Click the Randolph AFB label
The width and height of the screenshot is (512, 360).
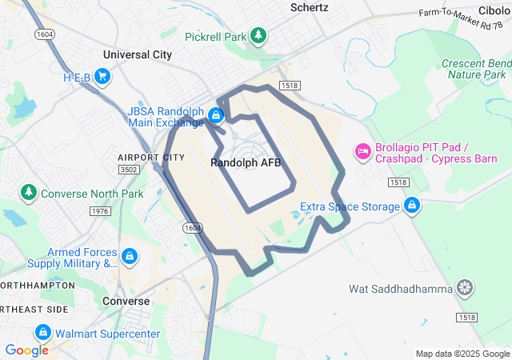point(246,162)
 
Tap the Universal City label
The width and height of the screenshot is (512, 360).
point(138,55)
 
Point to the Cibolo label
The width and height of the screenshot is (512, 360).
point(494,10)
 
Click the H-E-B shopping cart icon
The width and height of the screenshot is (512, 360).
point(102,77)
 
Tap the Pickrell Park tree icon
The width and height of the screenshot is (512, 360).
point(258,36)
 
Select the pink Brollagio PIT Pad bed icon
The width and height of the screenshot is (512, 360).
point(362,151)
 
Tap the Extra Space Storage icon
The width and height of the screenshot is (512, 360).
point(411,206)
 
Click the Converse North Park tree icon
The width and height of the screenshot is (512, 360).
point(29,193)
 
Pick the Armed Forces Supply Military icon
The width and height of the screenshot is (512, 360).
point(129,257)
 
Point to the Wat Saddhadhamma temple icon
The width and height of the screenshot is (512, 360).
point(465,288)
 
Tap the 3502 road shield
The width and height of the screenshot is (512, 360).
point(128,170)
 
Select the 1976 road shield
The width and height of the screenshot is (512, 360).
point(101,211)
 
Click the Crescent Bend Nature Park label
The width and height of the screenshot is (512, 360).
point(478,69)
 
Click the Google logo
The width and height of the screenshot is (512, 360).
point(26,350)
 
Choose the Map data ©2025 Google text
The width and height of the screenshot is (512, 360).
point(462,354)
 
